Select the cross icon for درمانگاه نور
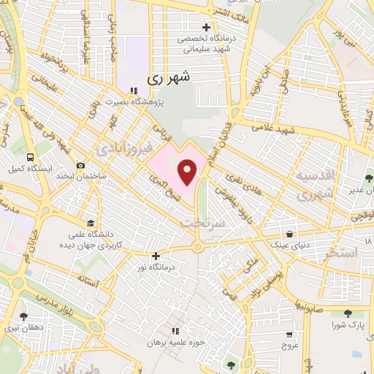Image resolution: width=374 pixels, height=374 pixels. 155,256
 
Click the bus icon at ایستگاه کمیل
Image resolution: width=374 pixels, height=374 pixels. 29,157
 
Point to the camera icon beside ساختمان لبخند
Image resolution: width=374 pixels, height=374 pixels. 80,167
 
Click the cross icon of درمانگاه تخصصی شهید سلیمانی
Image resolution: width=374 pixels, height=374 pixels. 206,28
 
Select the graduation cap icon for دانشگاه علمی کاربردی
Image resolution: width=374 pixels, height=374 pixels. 90,223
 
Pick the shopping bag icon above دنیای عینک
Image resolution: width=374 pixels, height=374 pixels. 291,234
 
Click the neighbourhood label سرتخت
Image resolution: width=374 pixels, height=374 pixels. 203,221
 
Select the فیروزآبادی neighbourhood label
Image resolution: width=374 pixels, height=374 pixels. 121,148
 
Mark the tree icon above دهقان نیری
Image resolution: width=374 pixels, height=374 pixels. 24,316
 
